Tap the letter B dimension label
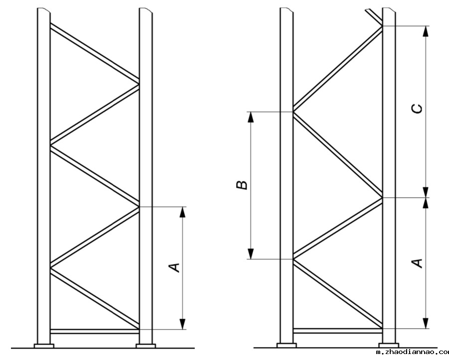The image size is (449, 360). (x=242, y=185)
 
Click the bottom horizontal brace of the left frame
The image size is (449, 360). (x=95, y=331)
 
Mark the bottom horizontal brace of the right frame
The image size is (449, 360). (x=338, y=330)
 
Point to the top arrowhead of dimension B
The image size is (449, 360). (x=251, y=118)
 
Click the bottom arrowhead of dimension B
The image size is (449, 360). (x=251, y=253)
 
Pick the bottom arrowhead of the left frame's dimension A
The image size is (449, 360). (x=182, y=323)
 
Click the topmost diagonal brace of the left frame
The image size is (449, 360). (x=95, y=52)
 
